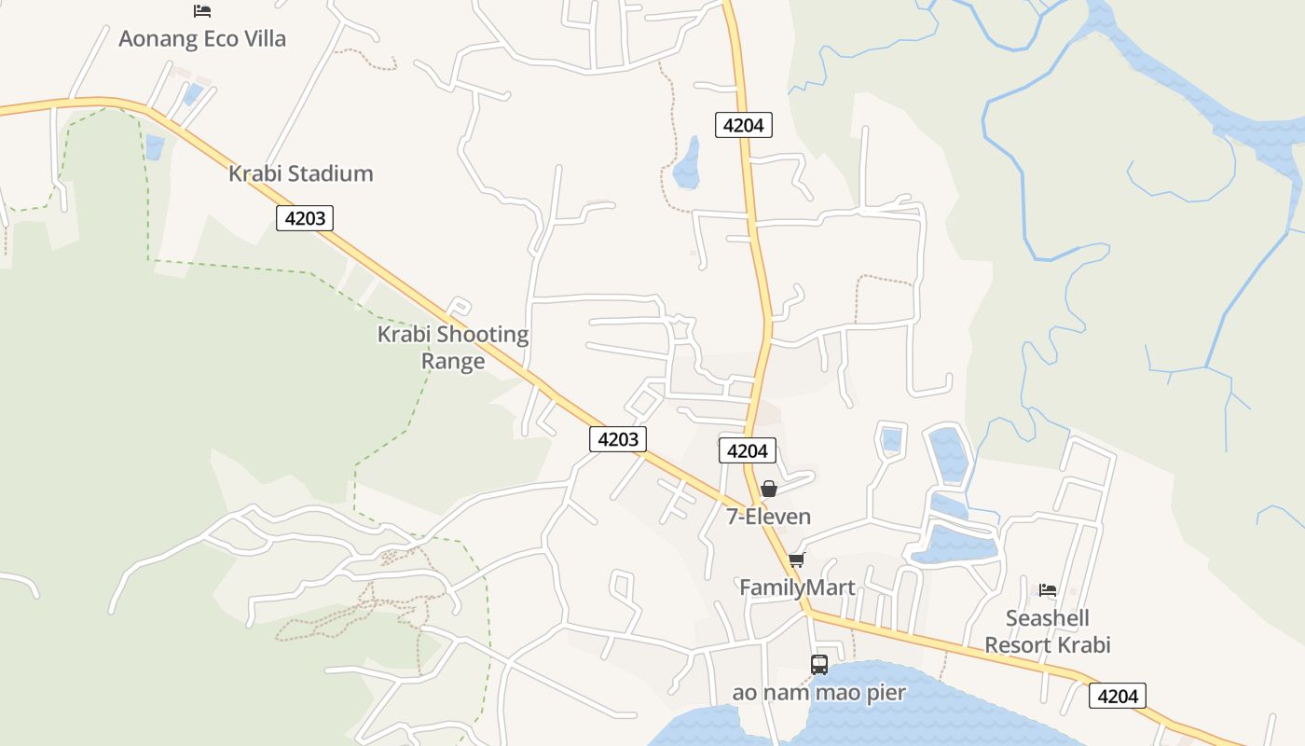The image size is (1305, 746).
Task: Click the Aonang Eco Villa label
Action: click(x=202, y=39)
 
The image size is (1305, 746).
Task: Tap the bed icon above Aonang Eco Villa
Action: click(x=202, y=11)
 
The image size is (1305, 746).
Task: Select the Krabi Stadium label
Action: click(x=300, y=173)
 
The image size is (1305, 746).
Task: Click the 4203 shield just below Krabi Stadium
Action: click(x=305, y=218)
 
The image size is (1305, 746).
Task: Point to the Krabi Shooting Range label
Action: click(x=453, y=347)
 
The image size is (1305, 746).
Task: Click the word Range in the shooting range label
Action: click(x=453, y=361)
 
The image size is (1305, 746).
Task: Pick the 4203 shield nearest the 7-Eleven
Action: click(x=617, y=439)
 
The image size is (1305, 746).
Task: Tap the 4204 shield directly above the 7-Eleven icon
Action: click(x=748, y=450)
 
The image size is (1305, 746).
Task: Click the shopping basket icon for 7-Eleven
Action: click(x=769, y=489)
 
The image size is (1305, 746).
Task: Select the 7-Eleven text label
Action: click(x=769, y=517)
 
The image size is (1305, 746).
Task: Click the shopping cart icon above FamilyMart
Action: click(x=796, y=559)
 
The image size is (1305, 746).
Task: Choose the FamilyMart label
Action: click(x=797, y=587)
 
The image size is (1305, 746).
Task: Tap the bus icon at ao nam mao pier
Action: click(x=819, y=665)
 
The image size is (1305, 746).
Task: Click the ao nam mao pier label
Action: click(x=819, y=693)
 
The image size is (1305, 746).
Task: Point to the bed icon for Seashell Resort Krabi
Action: click(x=1048, y=590)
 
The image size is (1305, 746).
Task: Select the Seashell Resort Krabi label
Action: click(x=1048, y=631)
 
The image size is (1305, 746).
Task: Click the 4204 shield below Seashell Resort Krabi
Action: click(x=1117, y=696)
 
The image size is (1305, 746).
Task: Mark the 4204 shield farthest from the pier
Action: click(x=744, y=124)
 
